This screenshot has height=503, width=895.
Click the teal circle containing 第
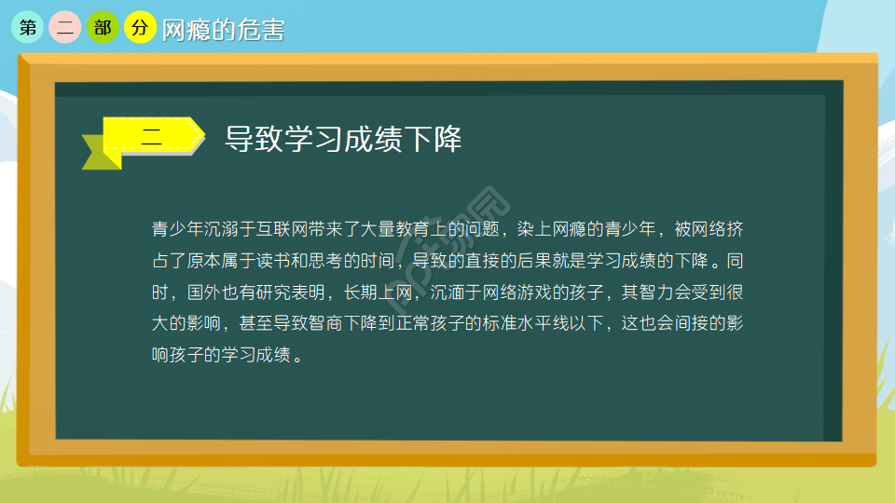[x=28, y=28]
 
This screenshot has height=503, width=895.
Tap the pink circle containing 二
[x=65, y=28]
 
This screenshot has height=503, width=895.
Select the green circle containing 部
[x=103, y=28]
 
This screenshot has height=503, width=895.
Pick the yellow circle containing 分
[x=140, y=28]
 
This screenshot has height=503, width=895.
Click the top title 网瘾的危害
[x=224, y=30]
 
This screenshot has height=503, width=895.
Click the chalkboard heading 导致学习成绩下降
[x=343, y=140]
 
